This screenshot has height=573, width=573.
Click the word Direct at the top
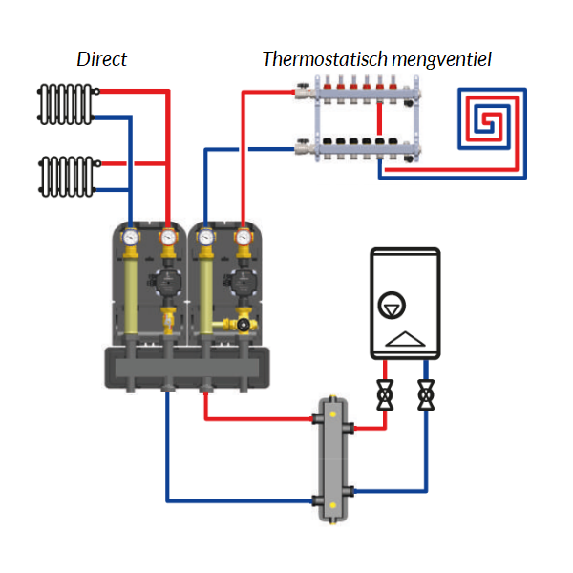(101, 59)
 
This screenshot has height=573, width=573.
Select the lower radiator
(64, 174)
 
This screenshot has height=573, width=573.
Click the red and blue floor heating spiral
(494, 119)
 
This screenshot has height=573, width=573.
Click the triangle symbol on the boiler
(405, 338)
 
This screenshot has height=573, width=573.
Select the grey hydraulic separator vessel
(334, 458)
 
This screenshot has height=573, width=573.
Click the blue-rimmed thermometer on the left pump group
(130, 234)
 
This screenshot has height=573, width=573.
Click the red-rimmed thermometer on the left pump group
(168, 235)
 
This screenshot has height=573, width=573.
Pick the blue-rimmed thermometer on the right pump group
(205, 234)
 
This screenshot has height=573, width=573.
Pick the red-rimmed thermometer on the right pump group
(244, 235)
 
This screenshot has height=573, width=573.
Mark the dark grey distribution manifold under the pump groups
(186, 368)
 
